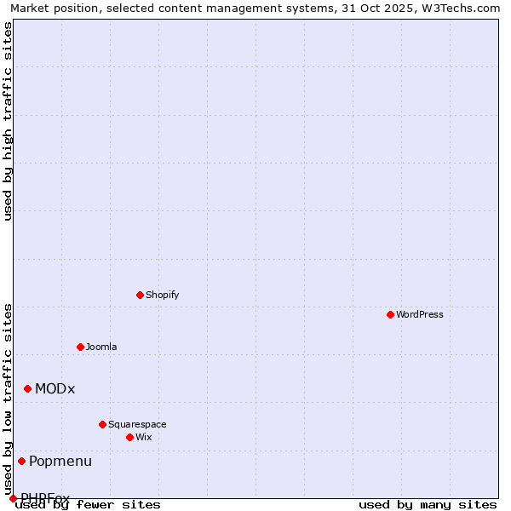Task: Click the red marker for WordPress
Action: point(390,314)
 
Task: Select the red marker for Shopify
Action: point(140,295)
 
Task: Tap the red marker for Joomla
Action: point(80,347)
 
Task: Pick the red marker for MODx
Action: point(27,388)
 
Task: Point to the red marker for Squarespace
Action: point(102,424)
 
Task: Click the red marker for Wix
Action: point(129,437)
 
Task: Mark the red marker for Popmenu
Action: point(21,461)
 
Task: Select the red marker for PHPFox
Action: point(13,498)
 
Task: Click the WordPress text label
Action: point(420,314)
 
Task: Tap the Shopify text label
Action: point(163,295)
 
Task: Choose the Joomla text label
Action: point(101,347)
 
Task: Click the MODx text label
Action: point(55,388)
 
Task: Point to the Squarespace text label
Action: point(137,424)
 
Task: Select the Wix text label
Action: point(144,437)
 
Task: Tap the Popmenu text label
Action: point(60,461)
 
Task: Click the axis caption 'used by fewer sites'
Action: point(89,504)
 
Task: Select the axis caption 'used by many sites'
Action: point(428,504)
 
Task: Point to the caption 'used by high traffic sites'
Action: point(8,121)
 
